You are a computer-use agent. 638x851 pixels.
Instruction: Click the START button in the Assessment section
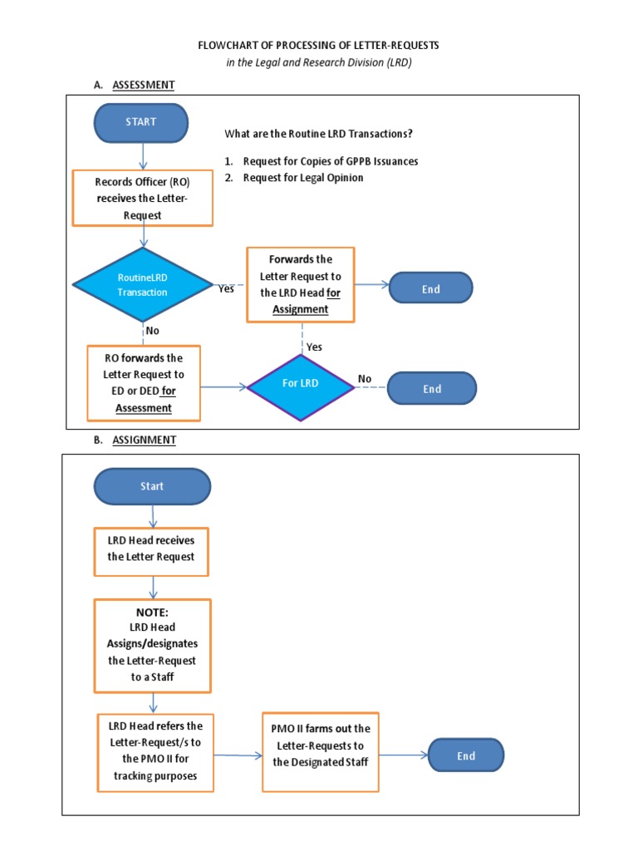(x=141, y=122)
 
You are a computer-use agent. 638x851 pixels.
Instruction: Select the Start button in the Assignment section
(x=152, y=486)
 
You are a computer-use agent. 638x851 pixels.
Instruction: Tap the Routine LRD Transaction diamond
(x=143, y=286)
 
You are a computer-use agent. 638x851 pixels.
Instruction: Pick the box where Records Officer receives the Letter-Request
(x=142, y=198)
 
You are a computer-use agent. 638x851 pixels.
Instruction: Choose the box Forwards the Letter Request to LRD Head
(x=300, y=284)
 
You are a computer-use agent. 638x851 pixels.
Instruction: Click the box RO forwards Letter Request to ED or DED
(x=144, y=383)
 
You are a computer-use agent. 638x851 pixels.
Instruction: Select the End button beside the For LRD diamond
(x=432, y=388)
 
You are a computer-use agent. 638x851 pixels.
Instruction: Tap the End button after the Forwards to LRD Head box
(x=430, y=289)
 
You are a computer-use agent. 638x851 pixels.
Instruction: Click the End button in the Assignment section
(x=466, y=755)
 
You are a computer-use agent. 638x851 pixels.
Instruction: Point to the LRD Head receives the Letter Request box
(x=150, y=551)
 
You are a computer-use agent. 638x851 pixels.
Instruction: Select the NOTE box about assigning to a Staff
(x=152, y=646)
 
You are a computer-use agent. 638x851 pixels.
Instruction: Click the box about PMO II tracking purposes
(x=155, y=751)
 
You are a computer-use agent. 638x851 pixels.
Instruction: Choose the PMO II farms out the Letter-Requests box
(x=321, y=745)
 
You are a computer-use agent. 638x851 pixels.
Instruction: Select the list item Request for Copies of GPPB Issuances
(x=330, y=161)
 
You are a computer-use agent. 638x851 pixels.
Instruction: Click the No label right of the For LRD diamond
(x=365, y=379)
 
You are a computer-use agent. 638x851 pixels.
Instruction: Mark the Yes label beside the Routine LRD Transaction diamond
(x=226, y=289)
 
